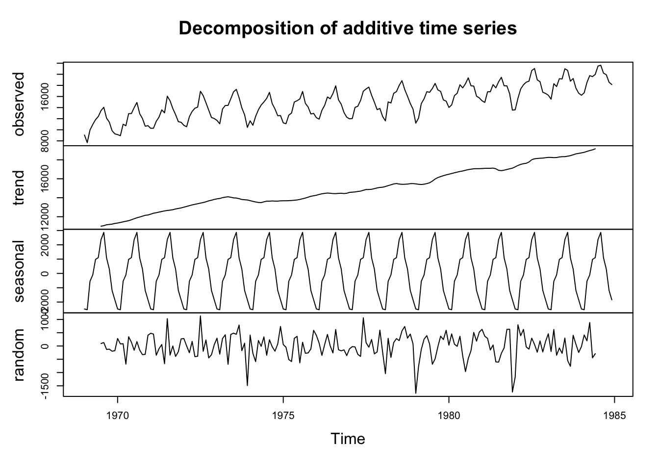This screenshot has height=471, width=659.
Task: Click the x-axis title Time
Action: [x=348, y=439]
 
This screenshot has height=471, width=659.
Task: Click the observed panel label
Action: [x=19, y=104]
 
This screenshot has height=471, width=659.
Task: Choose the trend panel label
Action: [x=19, y=187]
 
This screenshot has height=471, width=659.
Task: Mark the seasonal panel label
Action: [x=19, y=271]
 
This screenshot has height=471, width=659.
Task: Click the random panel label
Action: [x=19, y=354]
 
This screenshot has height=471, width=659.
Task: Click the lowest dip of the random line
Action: [x=416, y=393]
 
